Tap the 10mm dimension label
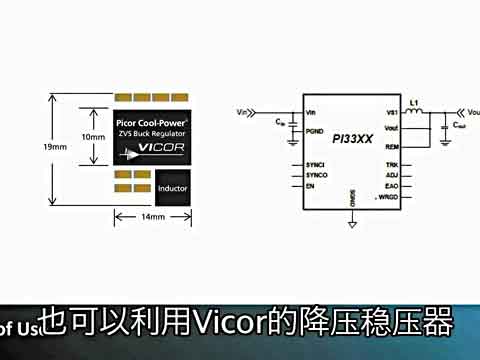[93, 137]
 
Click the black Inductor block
[173, 186]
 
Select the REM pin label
[391, 146]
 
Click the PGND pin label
[316, 129]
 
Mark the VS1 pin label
[392, 112]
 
